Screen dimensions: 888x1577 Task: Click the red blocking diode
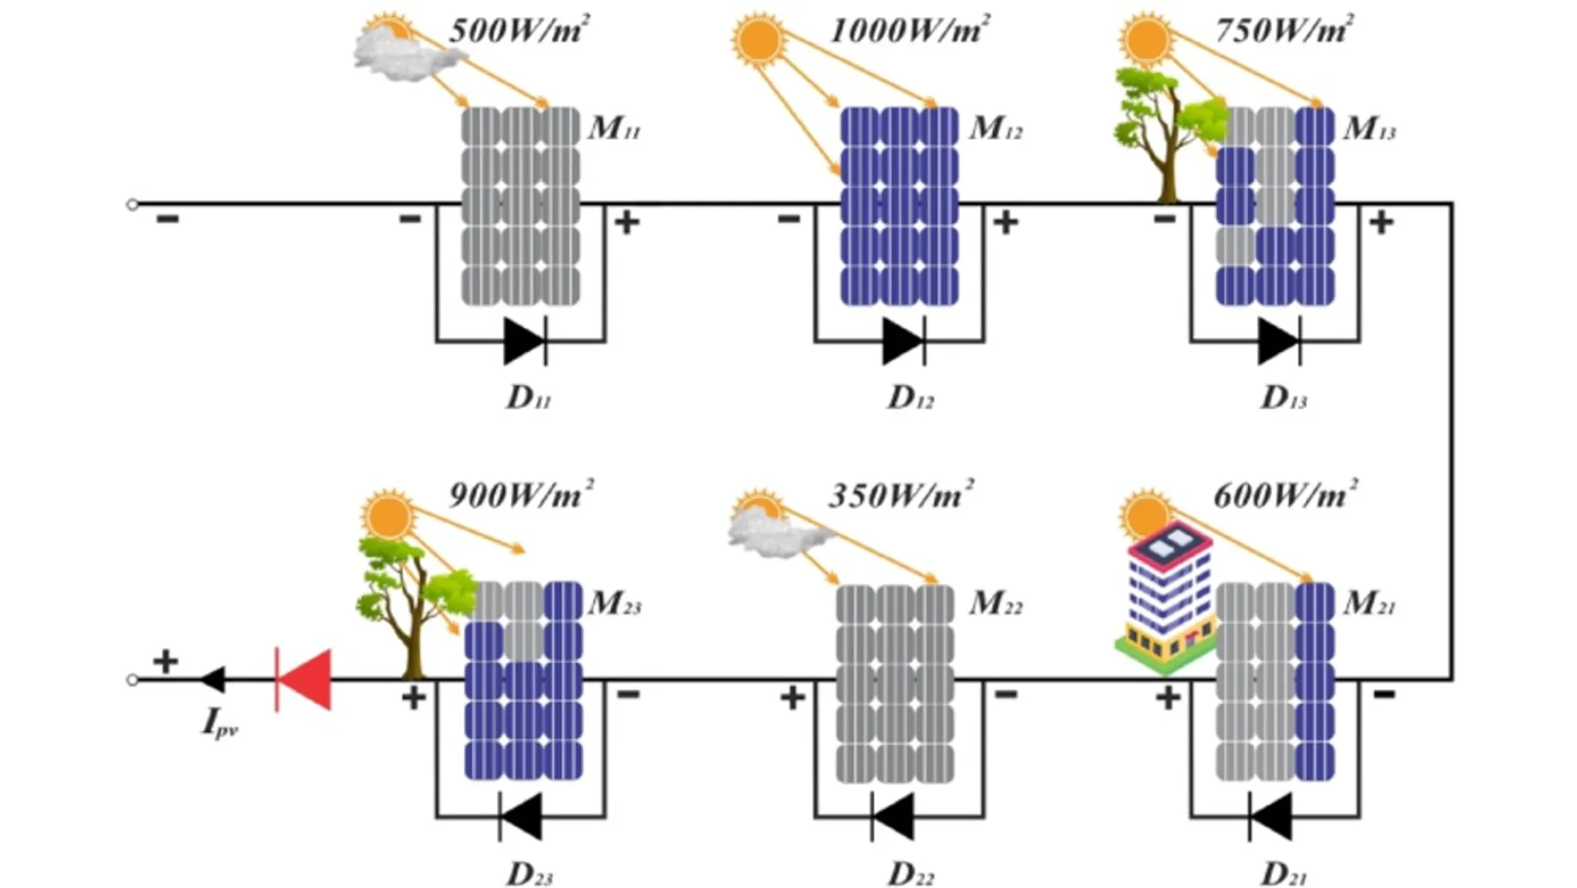[304, 679]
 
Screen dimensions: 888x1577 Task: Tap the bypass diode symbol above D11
[525, 340]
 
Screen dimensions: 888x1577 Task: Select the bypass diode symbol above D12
[904, 340]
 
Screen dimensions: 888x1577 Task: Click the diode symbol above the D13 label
[1280, 340]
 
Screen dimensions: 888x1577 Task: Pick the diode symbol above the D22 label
[893, 816]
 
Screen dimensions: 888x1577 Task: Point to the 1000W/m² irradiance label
[909, 31]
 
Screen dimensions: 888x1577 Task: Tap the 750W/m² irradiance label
[1284, 31]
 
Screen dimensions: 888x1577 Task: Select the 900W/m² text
[521, 495]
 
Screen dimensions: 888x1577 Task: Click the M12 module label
[996, 128]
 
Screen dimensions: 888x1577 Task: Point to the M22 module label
[996, 604]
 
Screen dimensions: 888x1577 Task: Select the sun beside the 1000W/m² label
[759, 39]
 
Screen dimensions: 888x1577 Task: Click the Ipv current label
[220, 724]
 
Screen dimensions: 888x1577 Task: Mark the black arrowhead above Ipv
[213, 680]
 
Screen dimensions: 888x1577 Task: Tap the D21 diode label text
[1283, 873]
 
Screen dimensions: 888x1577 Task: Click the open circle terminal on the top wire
[132, 204]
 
